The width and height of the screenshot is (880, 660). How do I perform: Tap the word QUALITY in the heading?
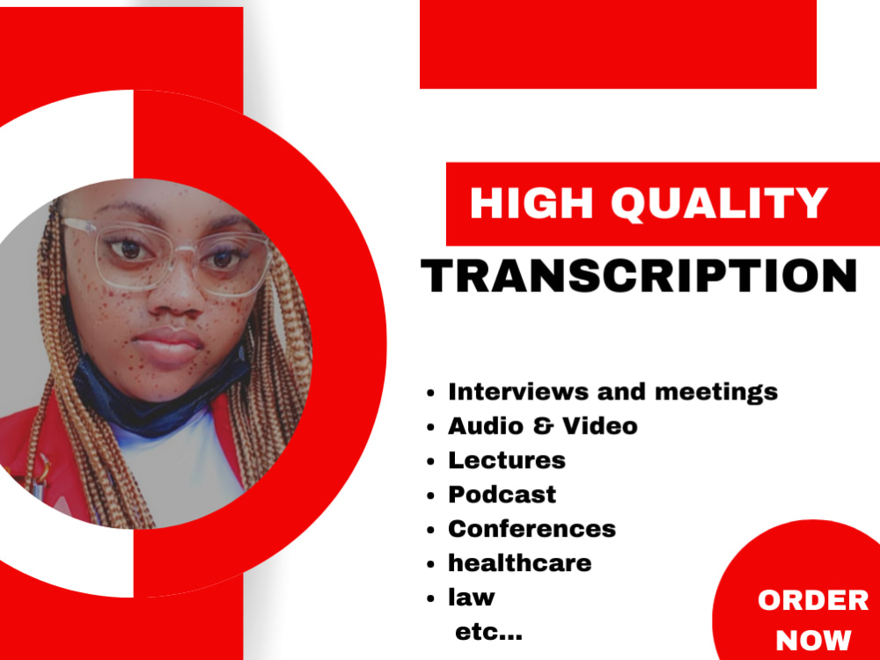[x=719, y=204]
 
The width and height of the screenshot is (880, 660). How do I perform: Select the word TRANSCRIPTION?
[x=640, y=275]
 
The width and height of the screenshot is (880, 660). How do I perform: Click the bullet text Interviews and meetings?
[x=612, y=392]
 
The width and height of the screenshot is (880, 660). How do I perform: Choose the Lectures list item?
[x=506, y=460]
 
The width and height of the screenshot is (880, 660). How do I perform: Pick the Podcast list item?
[x=502, y=495]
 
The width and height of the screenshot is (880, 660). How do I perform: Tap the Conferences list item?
[x=532, y=529]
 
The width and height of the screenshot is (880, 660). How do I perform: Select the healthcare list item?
[x=519, y=563]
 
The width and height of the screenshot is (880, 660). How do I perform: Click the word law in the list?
[x=472, y=598]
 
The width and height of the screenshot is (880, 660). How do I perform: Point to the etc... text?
[x=488, y=631]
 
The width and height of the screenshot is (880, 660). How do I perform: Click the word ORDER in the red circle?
[x=812, y=601]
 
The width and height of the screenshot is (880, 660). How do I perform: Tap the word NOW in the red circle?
[x=813, y=640]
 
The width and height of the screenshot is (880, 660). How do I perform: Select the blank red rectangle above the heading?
[x=618, y=44]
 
